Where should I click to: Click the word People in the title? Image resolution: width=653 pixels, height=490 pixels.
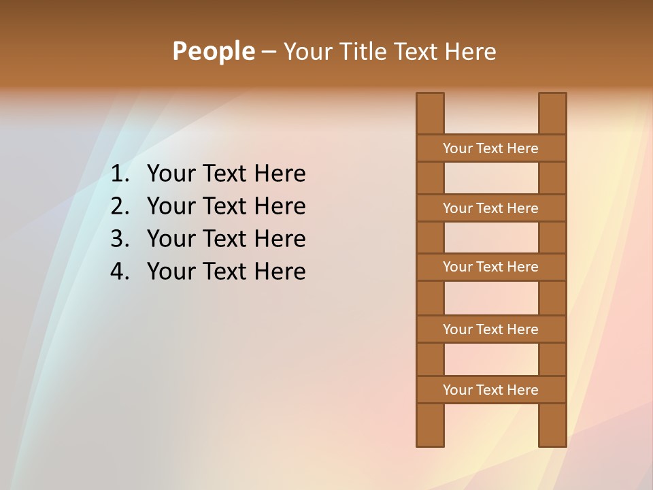[213, 52]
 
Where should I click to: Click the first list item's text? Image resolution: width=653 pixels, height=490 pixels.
[226, 174]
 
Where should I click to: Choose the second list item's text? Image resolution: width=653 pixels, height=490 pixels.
[226, 206]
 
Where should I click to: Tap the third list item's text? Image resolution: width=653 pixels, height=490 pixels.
[226, 239]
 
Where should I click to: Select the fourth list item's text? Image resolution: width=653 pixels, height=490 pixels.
[226, 272]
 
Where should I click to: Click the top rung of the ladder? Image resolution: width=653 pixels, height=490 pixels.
[490, 148]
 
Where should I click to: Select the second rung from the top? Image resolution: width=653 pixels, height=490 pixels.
[490, 208]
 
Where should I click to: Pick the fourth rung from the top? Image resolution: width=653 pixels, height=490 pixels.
[490, 329]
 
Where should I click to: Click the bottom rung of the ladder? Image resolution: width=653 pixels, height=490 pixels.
[490, 390]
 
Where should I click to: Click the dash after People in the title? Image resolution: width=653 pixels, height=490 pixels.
[268, 52]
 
